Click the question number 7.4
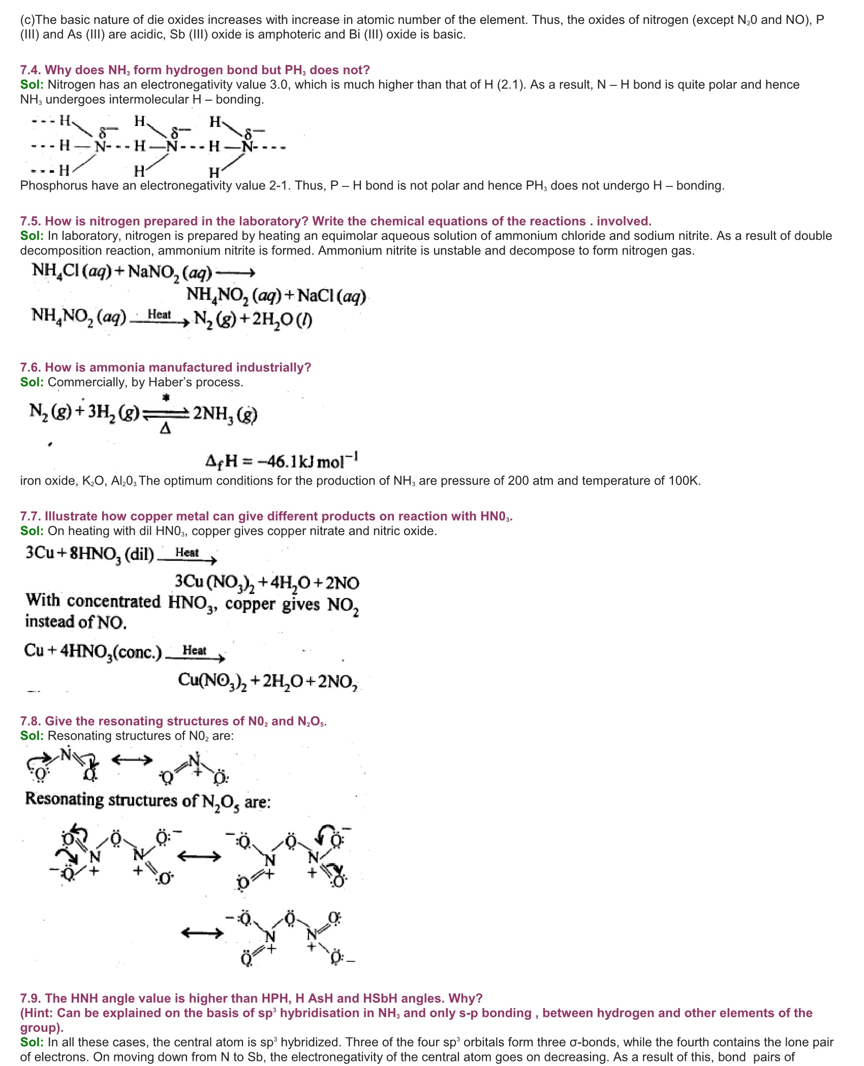pyautogui.click(x=30, y=70)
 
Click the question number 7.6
pyautogui.click(x=30, y=367)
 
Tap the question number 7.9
pyautogui.click(x=30, y=998)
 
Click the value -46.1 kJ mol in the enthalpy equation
pyautogui.click(x=282, y=461)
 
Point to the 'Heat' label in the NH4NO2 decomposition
pyautogui.click(x=159, y=315)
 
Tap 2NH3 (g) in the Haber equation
pyautogui.click(x=225, y=414)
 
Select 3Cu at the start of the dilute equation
pyautogui.click(x=40, y=553)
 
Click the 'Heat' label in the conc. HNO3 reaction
pyautogui.click(x=194, y=650)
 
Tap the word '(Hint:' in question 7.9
pyautogui.click(x=37, y=1013)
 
